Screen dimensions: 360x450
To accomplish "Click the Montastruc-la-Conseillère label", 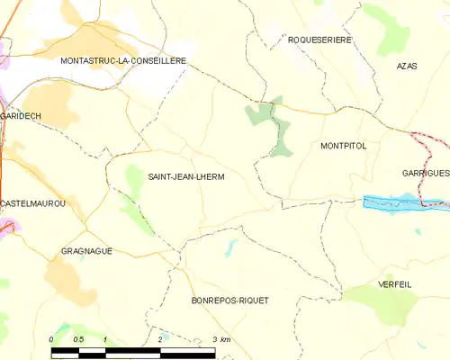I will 122,60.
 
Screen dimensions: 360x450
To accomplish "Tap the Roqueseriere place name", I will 319,40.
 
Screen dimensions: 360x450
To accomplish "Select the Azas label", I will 407,67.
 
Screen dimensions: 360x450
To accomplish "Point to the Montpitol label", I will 343,145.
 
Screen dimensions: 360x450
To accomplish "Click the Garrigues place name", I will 425,172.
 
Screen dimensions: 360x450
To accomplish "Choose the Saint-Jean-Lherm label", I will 185,177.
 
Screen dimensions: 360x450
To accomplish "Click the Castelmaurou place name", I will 33,204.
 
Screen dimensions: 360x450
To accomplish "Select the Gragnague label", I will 86,251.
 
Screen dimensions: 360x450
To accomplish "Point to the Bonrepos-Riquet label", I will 230,300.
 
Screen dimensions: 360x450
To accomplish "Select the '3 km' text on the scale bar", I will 221,338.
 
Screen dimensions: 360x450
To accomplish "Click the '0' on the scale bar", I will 51,338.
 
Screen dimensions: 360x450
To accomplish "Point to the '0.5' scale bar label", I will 78,338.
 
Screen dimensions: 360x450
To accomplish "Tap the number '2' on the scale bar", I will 159,338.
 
